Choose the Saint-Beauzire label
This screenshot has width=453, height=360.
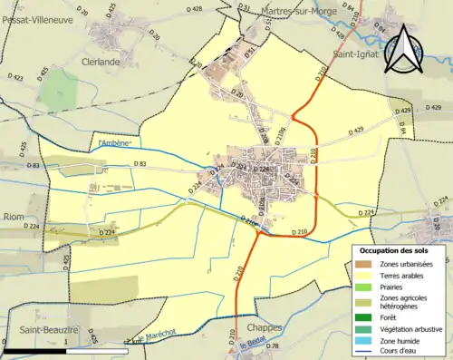(x=40, y=331)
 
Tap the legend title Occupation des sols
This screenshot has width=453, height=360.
(x=396, y=249)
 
